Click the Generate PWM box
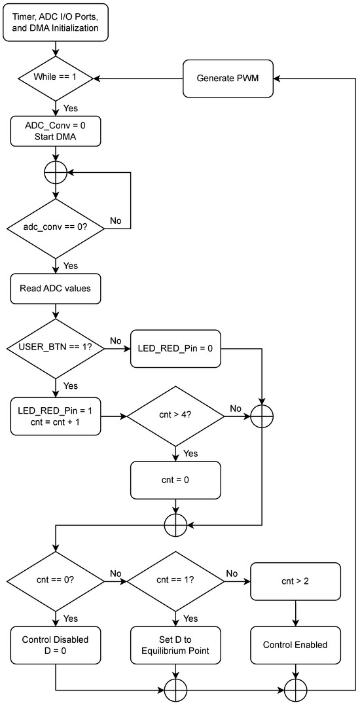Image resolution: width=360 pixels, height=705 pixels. [227, 78]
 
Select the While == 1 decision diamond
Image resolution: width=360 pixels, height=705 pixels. [56, 78]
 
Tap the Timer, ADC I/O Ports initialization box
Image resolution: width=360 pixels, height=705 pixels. [56, 23]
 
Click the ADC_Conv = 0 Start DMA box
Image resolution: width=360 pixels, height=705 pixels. [56, 132]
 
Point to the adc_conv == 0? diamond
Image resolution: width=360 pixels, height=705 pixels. [56, 230]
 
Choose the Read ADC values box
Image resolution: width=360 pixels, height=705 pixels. [56, 289]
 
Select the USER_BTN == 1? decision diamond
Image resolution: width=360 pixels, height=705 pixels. [56, 348]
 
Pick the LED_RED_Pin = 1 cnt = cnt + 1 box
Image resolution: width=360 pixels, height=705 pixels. [56, 416]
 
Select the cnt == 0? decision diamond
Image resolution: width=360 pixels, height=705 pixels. [56, 581]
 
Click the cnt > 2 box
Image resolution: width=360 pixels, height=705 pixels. [295, 581]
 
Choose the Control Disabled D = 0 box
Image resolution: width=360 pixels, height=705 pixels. [56, 645]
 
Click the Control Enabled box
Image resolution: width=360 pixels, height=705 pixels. [295, 645]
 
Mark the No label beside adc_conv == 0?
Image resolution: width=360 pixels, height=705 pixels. [115, 221]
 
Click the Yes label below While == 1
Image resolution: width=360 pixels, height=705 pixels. [70, 107]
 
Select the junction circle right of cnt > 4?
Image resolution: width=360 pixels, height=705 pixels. [262, 416]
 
